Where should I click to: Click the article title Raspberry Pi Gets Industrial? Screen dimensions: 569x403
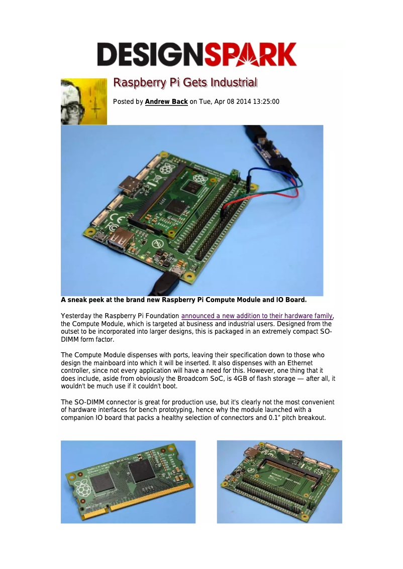(x=185, y=82)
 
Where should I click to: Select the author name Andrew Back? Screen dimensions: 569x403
(x=166, y=102)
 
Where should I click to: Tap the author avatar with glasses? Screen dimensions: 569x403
(x=83, y=101)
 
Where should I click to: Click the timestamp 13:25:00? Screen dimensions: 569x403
(x=262, y=102)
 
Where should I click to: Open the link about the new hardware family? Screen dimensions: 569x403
(x=257, y=316)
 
